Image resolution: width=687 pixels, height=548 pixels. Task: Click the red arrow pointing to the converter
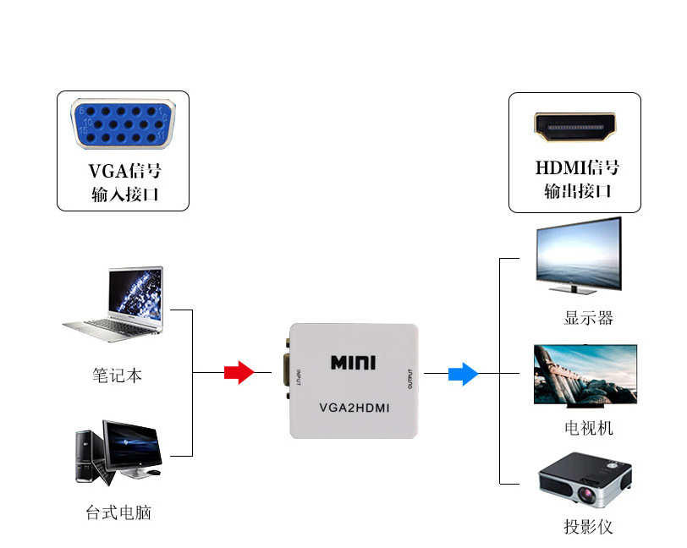pyautogui.click(x=239, y=372)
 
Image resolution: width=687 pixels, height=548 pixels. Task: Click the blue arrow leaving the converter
pyautogui.click(x=463, y=373)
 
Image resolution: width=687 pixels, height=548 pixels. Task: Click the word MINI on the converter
pyautogui.click(x=353, y=363)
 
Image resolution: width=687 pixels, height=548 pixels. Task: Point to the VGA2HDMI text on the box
pyautogui.click(x=354, y=407)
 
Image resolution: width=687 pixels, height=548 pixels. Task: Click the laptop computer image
pyautogui.click(x=118, y=304)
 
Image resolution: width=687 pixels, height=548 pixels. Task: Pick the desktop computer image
pyautogui.click(x=118, y=452)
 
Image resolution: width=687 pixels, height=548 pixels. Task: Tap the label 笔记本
pyautogui.click(x=118, y=375)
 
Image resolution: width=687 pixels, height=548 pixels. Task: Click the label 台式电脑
pyautogui.click(x=118, y=512)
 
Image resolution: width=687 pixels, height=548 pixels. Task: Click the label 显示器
pyautogui.click(x=588, y=318)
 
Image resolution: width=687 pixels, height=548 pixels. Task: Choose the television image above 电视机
pyautogui.click(x=585, y=375)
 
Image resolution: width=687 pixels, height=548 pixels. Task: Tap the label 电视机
pyautogui.click(x=588, y=428)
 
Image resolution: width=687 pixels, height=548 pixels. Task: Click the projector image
pyautogui.click(x=586, y=479)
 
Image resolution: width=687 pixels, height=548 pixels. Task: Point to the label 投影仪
pyautogui.click(x=588, y=527)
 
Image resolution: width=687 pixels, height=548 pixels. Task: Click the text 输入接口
pyautogui.click(x=124, y=195)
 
